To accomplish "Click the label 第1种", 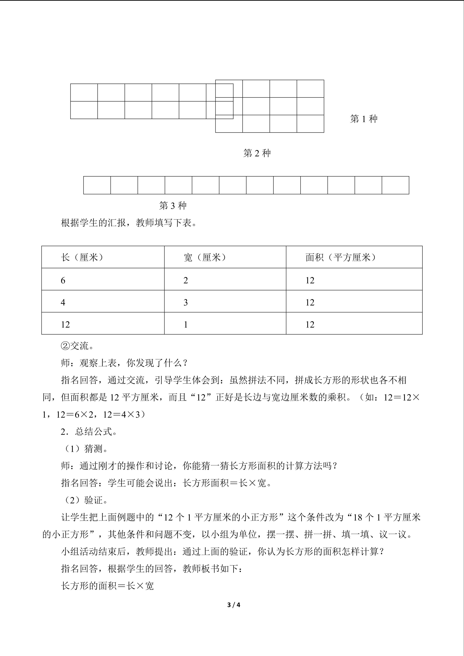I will coord(364,119).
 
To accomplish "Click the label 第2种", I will coord(257,153).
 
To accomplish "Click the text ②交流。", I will coord(77,346).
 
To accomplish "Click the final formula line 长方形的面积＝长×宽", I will coord(107,586).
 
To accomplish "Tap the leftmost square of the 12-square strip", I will coord(97,185).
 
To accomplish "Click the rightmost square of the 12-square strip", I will coord(395,185).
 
